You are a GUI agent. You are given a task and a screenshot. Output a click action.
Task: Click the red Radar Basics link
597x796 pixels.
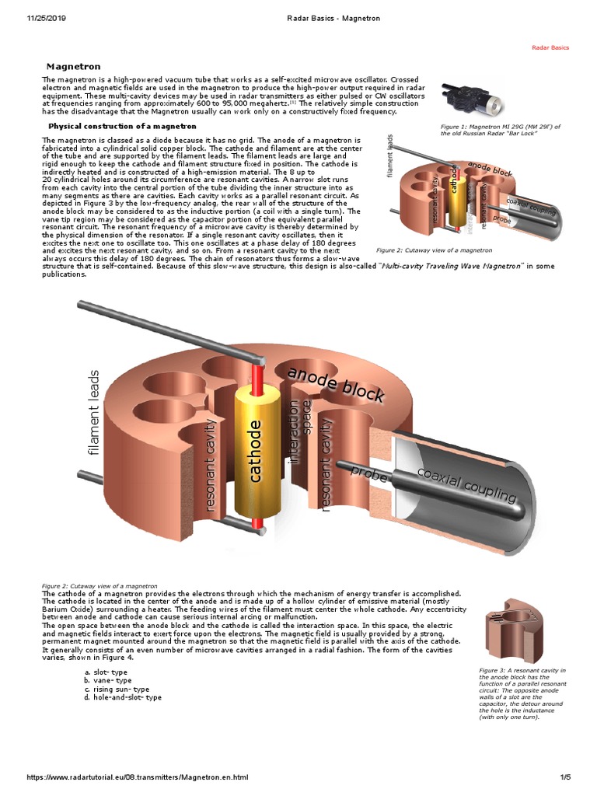[x=550, y=47]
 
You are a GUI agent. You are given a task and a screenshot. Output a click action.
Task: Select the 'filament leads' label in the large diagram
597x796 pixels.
[x=96, y=412]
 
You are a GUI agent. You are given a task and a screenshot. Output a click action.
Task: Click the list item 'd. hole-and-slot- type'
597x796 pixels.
[x=123, y=697]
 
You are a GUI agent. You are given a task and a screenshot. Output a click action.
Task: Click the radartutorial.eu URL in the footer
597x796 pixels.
[x=137, y=777]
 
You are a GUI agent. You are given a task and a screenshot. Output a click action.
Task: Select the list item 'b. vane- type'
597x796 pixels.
[x=108, y=680]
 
